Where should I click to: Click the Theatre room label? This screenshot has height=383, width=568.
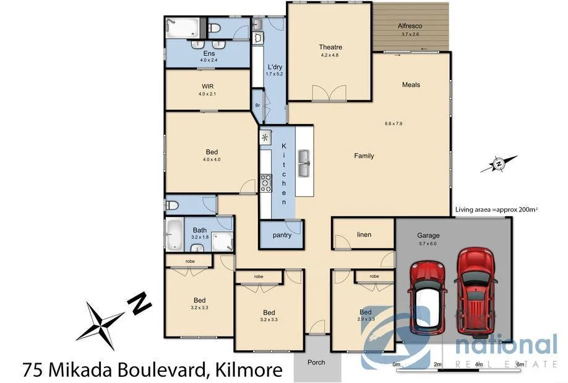[x=330, y=47]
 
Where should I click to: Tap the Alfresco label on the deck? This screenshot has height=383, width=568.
[x=410, y=26]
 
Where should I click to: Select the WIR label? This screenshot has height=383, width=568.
[x=207, y=86]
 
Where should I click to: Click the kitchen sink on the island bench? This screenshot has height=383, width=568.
[x=304, y=164]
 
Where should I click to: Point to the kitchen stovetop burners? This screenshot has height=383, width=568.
[x=265, y=183]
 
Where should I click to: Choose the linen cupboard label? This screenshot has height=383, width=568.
[x=364, y=235]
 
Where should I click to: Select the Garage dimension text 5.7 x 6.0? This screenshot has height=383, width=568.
[x=428, y=244]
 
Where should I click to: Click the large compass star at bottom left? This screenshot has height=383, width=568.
[x=100, y=321]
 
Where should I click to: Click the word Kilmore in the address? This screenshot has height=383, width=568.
[x=248, y=371]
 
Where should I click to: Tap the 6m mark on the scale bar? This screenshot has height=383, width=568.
[x=519, y=364]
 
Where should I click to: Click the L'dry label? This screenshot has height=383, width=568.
[x=275, y=67]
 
